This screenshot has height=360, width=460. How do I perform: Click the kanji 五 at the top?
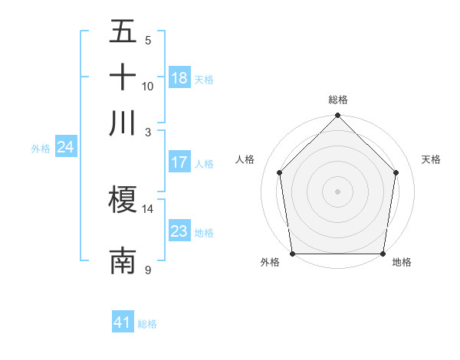pyautogui.click(x=123, y=32)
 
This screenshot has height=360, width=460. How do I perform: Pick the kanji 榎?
pyautogui.click(x=123, y=201)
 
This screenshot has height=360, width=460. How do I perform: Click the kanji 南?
pyautogui.click(x=123, y=260)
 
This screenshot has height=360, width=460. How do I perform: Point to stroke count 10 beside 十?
pyautogui.click(x=148, y=86)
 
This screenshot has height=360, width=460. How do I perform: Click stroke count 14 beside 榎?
pyautogui.click(x=148, y=208)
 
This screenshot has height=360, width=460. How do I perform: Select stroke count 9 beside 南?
pyautogui.click(x=148, y=269)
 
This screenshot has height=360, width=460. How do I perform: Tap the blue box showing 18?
pyautogui.click(x=179, y=77)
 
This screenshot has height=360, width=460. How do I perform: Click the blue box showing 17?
pyautogui.click(x=179, y=162)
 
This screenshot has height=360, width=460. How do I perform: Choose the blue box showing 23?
pyautogui.click(x=179, y=231)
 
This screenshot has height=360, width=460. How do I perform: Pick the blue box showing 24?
pyautogui.click(x=65, y=147)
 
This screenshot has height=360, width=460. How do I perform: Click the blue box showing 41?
pyautogui.click(x=123, y=322)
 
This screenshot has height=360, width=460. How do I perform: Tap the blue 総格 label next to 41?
pyautogui.click(x=147, y=324)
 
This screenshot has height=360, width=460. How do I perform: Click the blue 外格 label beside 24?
pyautogui.click(x=41, y=149)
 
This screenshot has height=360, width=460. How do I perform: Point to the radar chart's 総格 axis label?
pyautogui.click(x=338, y=100)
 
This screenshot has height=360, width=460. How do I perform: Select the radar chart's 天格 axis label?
pyautogui.click(x=432, y=159)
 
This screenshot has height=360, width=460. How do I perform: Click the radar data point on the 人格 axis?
pyautogui.click(x=279, y=172)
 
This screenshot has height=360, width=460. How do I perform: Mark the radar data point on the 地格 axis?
pyautogui.click(x=383, y=254)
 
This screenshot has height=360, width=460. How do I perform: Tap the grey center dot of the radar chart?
pyautogui.click(x=338, y=191)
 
